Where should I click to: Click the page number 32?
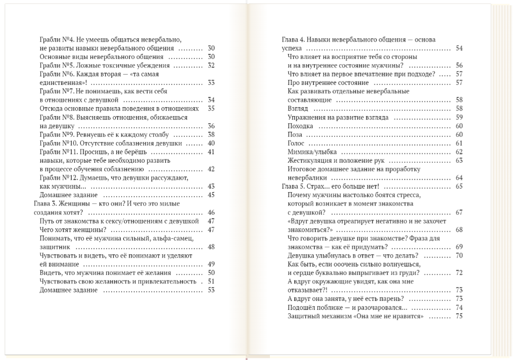click(211, 65)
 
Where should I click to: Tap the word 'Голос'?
click(296, 143)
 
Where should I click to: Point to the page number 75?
click(459, 316)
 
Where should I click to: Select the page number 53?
click(211, 290)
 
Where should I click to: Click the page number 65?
click(459, 186)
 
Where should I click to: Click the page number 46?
click(211, 212)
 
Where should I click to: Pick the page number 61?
click(459, 143)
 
